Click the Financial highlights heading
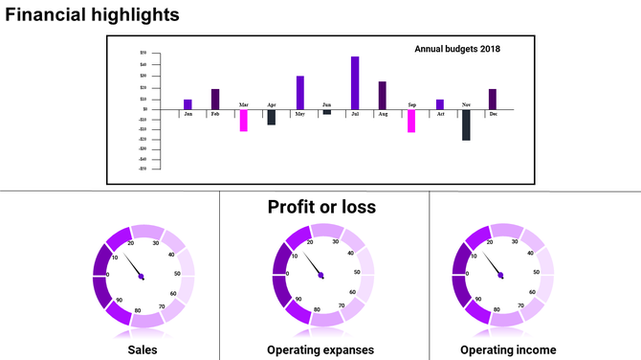click(92, 15)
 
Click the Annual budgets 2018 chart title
click(457, 49)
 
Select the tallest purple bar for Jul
click(355, 82)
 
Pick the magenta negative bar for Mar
click(244, 120)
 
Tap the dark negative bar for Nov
click(466, 124)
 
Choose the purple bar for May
click(300, 92)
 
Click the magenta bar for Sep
click(411, 120)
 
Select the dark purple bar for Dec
click(493, 99)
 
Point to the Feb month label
click(215, 114)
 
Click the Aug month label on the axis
click(383, 114)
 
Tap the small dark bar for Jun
click(327, 112)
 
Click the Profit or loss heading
click(321, 207)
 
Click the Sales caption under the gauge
click(143, 349)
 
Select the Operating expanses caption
click(320, 349)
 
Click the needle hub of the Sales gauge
click(142, 277)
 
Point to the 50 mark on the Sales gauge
click(178, 273)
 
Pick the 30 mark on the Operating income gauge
click(515, 243)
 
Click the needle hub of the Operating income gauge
click(500, 277)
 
